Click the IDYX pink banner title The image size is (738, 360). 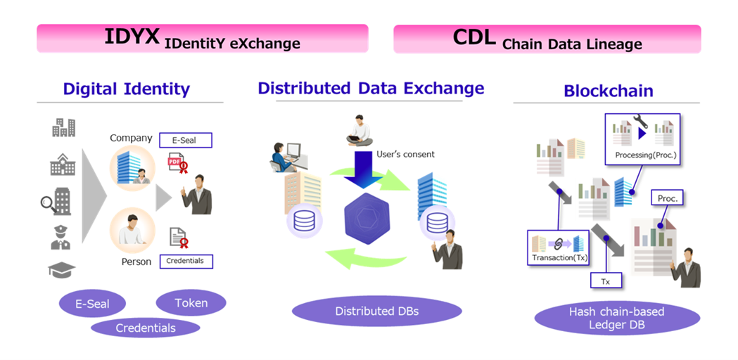[x=202, y=38]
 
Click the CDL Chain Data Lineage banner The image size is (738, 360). [x=547, y=39]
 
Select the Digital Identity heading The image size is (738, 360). [x=127, y=89]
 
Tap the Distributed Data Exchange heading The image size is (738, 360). [x=371, y=88]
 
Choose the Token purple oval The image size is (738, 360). [x=191, y=303]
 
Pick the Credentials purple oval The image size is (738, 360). [x=146, y=328]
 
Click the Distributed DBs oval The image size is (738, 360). [x=376, y=311]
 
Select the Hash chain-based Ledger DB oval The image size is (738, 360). [x=616, y=318]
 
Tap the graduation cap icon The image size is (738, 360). [x=62, y=270]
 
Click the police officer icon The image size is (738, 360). [x=61, y=238]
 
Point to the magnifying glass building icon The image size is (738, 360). [x=56, y=202]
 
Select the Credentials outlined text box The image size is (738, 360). [x=186, y=261]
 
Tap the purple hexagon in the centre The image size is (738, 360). [x=368, y=219]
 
